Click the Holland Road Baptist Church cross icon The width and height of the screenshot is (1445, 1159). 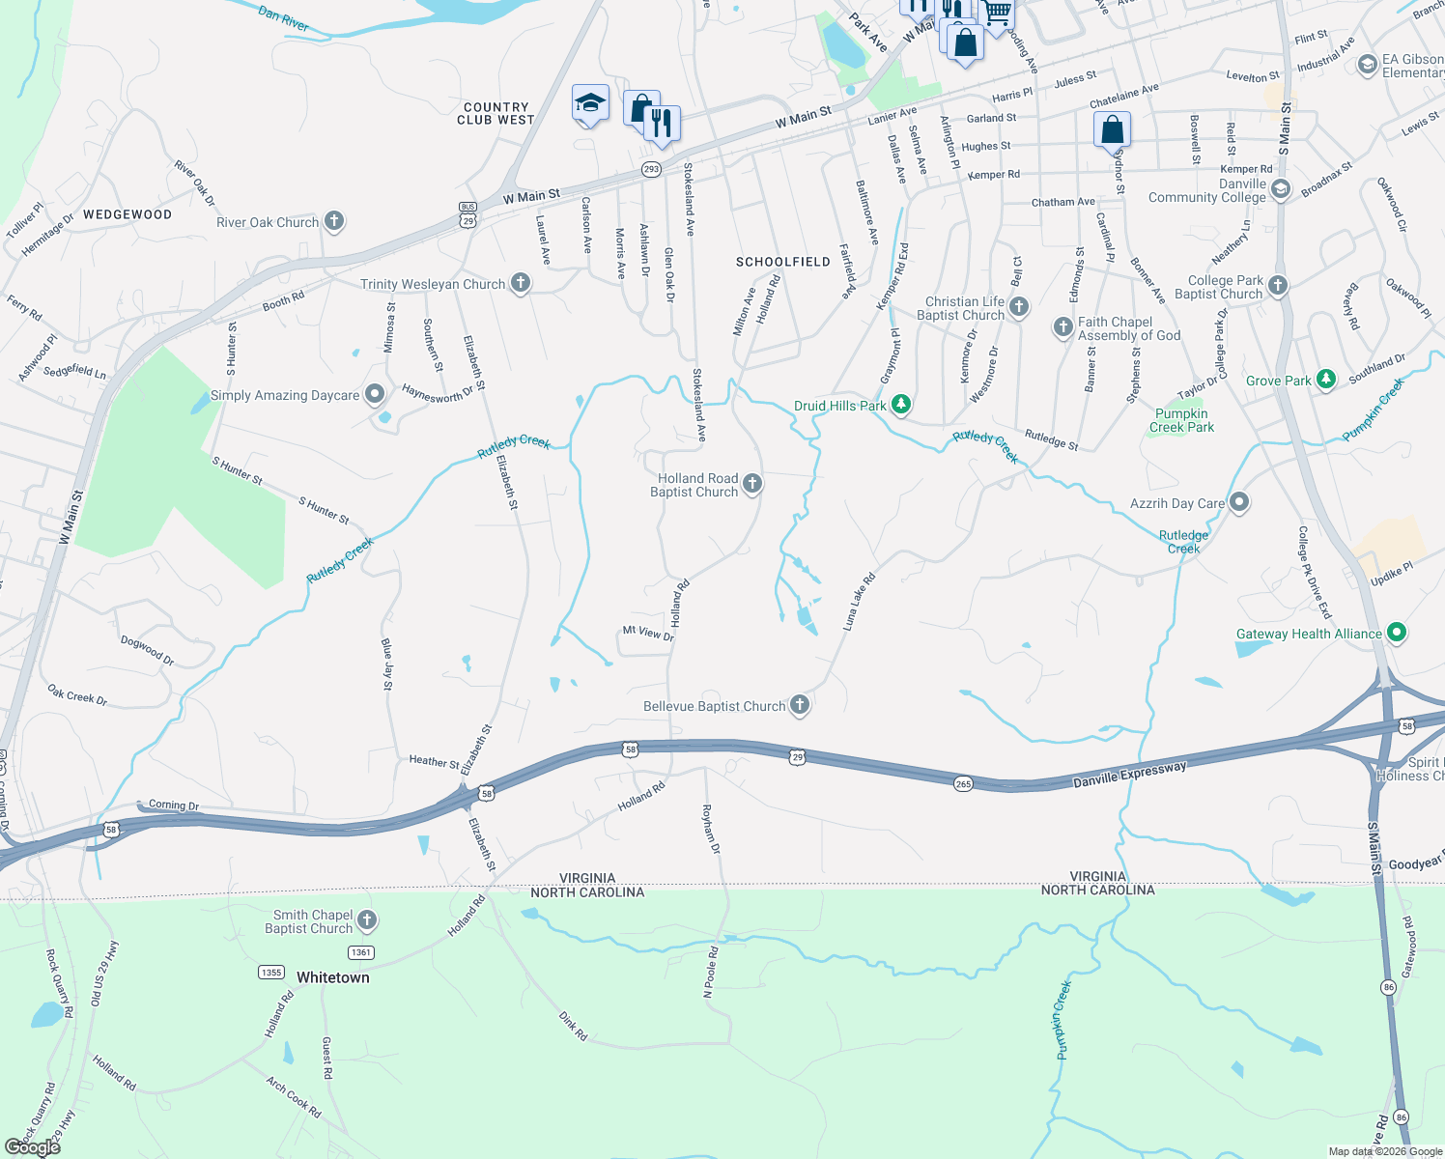[751, 484]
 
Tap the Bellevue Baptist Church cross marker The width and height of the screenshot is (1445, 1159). [799, 705]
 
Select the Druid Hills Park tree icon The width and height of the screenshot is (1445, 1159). [901, 404]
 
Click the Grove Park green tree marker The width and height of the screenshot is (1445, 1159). [1326, 380]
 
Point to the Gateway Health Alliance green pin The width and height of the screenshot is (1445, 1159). [1396, 634]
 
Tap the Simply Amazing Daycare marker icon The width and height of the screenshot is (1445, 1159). [375, 394]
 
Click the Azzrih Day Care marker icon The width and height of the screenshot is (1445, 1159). [1240, 502]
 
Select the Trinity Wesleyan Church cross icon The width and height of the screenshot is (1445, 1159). [521, 283]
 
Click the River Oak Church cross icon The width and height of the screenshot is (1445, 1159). [334, 221]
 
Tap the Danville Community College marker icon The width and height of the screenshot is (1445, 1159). [1281, 189]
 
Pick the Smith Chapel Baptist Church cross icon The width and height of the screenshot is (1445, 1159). [367, 920]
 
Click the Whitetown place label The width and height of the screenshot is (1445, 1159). [332, 977]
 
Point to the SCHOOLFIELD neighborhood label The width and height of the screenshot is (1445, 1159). [782, 262]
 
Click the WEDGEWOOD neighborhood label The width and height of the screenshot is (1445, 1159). [127, 214]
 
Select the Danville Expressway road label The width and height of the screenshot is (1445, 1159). [1129, 775]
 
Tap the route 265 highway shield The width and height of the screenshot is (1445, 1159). [963, 783]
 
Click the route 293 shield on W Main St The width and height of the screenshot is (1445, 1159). [651, 169]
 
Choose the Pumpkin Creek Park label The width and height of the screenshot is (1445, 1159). [1181, 420]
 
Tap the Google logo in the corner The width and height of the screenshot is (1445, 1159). [33, 1146]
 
